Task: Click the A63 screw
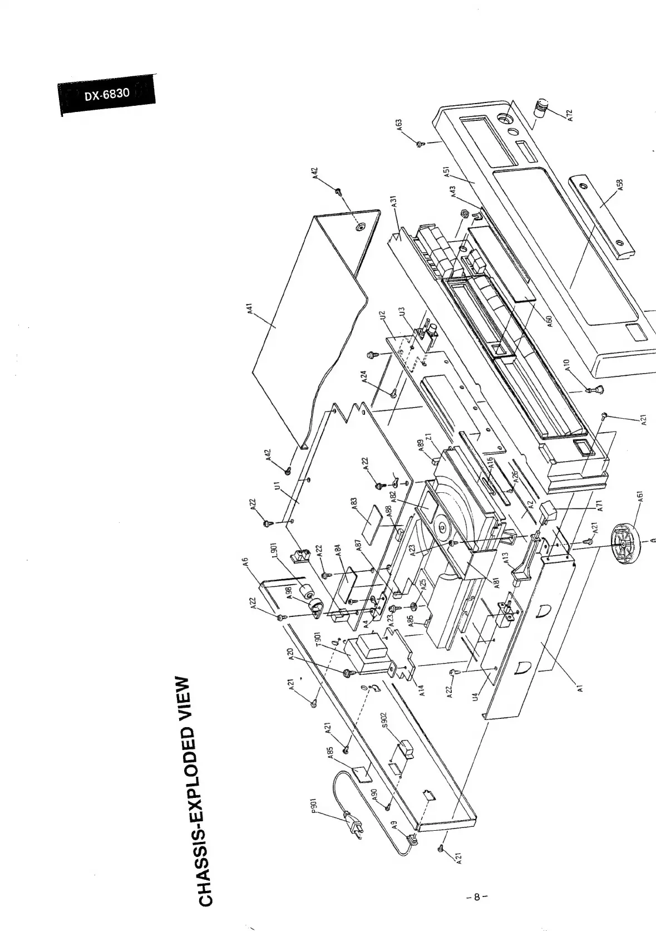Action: pyautogui.click(x=421, y=144)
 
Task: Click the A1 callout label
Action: pyautogui.click(x=580, y=689)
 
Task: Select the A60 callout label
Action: pyautogui.click(x=548, y=321)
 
